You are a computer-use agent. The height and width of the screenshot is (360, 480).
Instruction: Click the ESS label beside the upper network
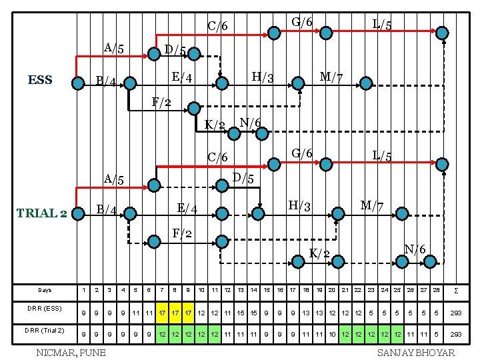40,81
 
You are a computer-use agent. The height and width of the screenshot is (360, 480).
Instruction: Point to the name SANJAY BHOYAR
416,352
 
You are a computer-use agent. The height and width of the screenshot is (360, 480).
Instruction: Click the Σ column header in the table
456,290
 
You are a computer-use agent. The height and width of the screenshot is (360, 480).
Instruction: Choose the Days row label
45,290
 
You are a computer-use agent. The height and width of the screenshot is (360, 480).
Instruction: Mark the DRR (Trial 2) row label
45,331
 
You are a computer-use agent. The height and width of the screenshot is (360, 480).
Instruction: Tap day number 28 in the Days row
436,290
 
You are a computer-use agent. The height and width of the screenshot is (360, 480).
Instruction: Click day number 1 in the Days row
83,290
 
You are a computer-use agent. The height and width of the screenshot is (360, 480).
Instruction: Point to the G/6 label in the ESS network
302,22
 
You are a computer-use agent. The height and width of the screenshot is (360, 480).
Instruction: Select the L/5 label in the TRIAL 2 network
382,155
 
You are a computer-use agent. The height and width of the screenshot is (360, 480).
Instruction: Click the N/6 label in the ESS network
250,123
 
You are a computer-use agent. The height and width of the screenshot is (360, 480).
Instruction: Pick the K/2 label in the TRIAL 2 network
319,253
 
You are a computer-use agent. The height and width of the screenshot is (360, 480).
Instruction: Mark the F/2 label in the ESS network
161,102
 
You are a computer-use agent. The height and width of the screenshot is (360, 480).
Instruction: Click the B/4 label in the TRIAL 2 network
107,211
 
